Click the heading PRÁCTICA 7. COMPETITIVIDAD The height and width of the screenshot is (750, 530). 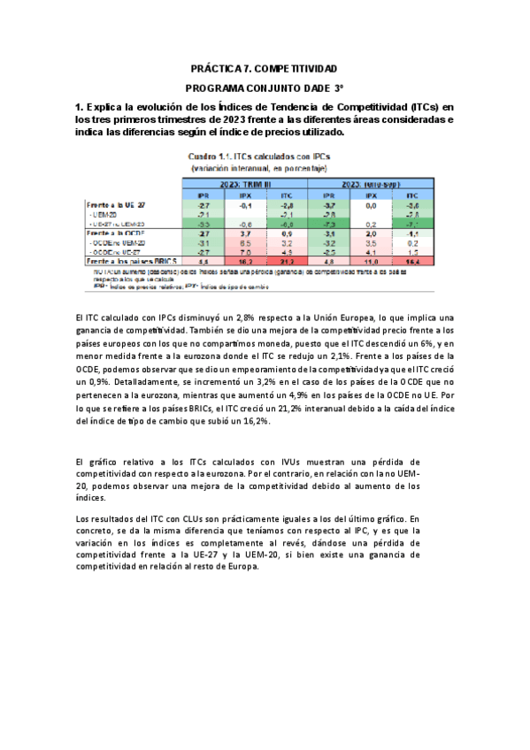265,68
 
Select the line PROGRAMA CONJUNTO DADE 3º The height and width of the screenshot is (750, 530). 265,88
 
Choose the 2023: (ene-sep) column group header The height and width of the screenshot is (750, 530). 369,181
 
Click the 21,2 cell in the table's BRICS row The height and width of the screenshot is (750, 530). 287,261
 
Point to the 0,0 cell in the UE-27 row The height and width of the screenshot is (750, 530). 371,204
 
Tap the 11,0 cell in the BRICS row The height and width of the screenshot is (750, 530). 371,261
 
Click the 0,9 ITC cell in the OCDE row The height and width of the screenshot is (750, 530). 287,232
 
